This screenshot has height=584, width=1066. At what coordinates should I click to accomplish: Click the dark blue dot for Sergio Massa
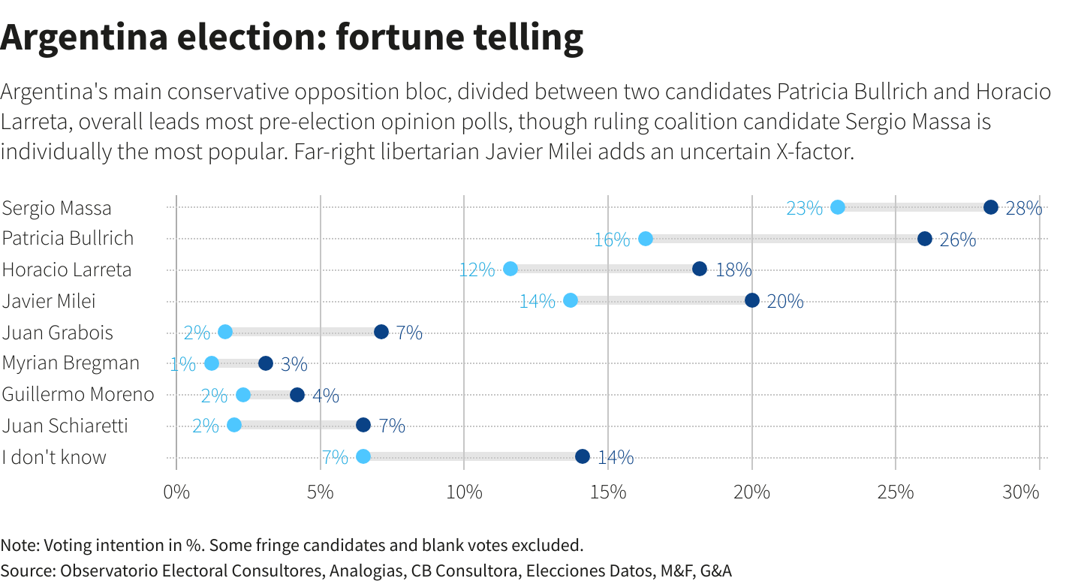pos(991,208)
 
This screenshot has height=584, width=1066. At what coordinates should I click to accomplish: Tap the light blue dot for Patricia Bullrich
pos(646,239)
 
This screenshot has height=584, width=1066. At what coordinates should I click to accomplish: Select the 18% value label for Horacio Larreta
pos(733,270)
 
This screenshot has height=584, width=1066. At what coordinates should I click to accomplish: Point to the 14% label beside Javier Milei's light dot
pos(538,302)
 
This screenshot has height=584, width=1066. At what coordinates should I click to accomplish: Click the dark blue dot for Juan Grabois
pos(381,332)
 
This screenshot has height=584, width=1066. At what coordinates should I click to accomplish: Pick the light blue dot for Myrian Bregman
pos(212,363)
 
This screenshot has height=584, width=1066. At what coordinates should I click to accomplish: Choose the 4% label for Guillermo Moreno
pos(325,396)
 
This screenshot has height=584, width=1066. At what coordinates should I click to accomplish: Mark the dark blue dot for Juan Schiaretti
pos(363,425)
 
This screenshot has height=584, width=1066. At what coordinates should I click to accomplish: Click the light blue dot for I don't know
pos(363,456)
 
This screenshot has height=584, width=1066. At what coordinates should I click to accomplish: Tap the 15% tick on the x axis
pos(608,492)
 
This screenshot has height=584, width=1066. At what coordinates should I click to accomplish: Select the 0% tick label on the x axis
pos(176,492)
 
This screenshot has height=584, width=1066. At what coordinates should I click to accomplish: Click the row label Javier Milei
pos(49,302)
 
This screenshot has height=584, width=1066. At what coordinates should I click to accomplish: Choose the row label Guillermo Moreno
pos(78,395)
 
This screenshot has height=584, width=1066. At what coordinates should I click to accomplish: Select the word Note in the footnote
pos(17,544)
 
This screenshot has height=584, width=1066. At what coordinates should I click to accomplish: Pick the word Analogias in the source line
pos(366,570)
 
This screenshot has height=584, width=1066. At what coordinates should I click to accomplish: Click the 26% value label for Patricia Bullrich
pos(958,240)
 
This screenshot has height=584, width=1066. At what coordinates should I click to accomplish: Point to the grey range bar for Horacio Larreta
pos(605,269)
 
